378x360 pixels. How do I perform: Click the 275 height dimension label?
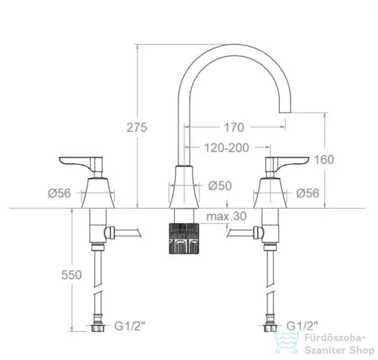[x=137, y=127]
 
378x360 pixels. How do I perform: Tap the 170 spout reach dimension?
[x=234, y=127]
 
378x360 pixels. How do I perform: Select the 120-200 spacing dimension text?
[x=227, y=147]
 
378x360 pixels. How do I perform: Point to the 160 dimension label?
[x=324, y=160]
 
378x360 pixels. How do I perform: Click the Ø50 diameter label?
[x=220, y=186]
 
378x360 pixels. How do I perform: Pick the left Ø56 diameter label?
[x=60, y=194]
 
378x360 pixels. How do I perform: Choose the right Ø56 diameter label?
[x=308, y=194]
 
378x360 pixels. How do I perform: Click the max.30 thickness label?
[x=226, y=216]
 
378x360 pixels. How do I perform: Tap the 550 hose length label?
[x=72, y=275]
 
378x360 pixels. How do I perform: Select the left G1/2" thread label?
[x=130, y=326]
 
